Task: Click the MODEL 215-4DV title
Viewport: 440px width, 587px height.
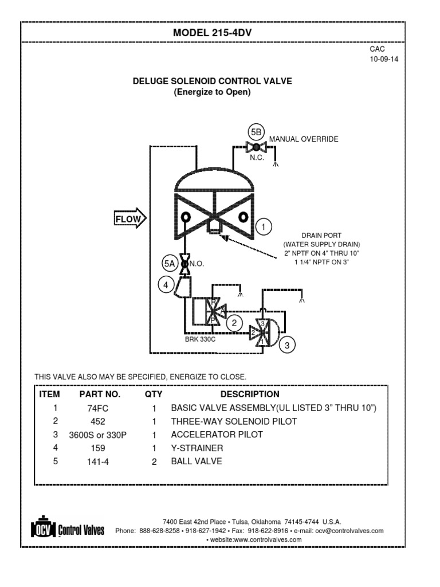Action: [213, 33]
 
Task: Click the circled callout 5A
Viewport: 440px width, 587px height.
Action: [168, 264]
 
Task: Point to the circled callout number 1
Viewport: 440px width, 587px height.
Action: [264, 227]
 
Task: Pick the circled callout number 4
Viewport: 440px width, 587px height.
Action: [166, 283]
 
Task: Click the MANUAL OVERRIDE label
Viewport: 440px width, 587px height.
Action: [304, 139]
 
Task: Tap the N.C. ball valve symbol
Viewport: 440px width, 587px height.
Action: [256, 147]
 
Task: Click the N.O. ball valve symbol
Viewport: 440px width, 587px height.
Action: [185, 264]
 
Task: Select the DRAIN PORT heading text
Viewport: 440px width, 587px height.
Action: [321, 236]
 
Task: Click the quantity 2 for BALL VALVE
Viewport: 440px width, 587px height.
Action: [154, 461]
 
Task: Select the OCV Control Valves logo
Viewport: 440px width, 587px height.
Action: [67, 528]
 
